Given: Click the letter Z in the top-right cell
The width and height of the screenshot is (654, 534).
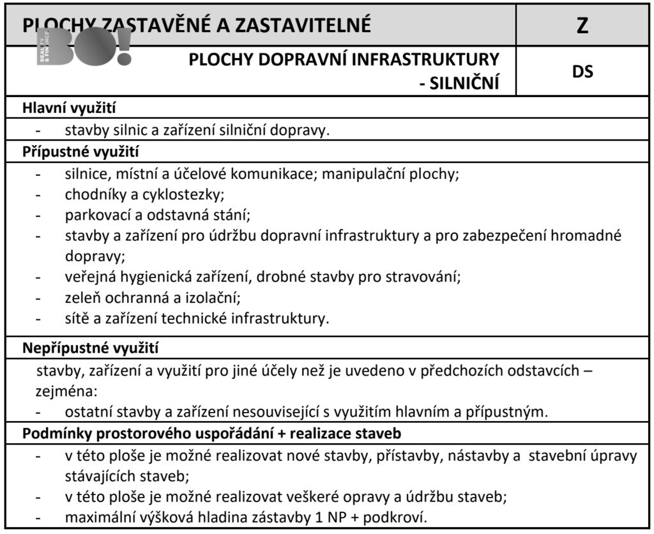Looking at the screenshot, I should click(582, 26).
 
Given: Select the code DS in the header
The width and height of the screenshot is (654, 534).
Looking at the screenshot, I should click(582, 72).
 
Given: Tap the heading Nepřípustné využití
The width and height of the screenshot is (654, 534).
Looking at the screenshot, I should click(91, 349).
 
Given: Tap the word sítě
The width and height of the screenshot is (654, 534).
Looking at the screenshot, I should click(77, 317).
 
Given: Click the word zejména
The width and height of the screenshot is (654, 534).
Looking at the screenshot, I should click(65, 390).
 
